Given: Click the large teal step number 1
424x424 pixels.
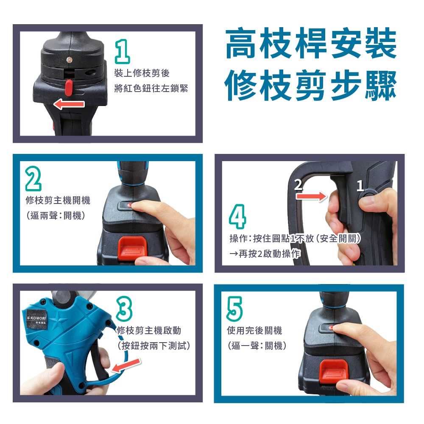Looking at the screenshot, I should pyautogui.click(x=123, y=51).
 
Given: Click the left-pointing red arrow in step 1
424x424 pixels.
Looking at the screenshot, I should pyautogui.click(x=69, y=104).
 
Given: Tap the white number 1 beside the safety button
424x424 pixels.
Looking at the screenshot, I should pyautogui.click(x=360, y=186).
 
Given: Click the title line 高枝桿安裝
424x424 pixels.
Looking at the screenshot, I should pyautogui.click(x=310, y=44).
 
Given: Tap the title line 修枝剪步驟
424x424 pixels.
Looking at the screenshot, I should pyautogui.click(x=310, y=85).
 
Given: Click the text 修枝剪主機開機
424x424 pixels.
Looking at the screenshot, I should pyautogui.click(x=58, y=200).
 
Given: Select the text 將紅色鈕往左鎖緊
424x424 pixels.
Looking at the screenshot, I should pyautogui.click(x=151, y=89).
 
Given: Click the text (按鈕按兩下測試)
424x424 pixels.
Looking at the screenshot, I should pyautogui.click(x=153, y=345).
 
